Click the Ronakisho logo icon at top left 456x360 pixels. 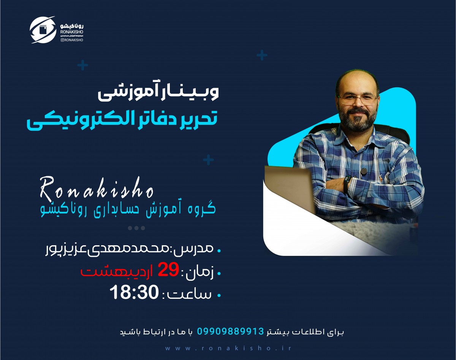point(43,30)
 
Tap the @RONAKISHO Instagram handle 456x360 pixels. point(72,39)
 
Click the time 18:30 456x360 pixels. point(133,293)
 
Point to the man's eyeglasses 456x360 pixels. point(357,100)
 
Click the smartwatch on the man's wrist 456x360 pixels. point(347,183)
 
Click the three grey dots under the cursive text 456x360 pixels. point(136,228)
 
